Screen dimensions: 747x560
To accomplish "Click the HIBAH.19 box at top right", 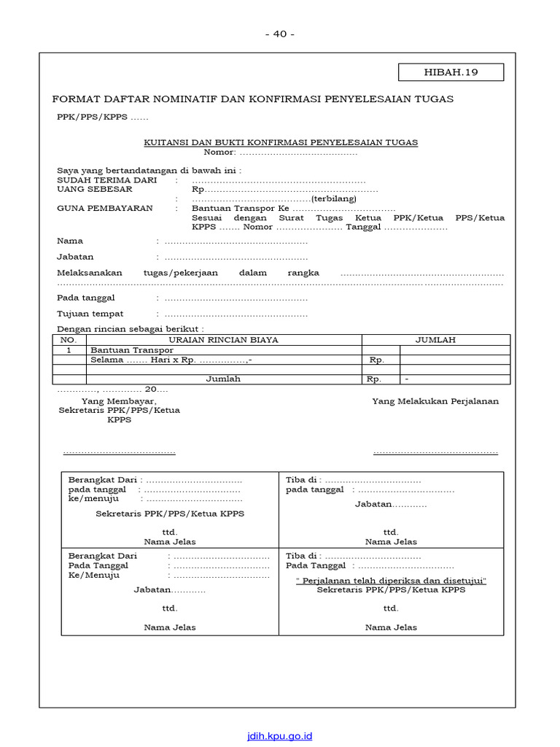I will [450, 72].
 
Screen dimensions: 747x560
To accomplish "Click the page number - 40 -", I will [280, 34].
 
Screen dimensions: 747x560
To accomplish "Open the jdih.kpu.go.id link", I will [279, 736].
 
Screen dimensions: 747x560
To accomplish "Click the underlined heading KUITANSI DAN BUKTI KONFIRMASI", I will [281, 142].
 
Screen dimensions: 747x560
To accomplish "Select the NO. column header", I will [69, 340].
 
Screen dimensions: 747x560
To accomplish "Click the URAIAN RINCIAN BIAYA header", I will [223, 340].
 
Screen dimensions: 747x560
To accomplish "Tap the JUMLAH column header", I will [435, 340].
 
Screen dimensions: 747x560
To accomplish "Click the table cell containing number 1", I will [69, 350].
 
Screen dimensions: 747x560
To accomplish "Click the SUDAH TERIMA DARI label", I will [107, 180].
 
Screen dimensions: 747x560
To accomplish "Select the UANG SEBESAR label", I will [95, 189].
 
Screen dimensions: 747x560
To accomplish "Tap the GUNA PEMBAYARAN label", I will [105, 208].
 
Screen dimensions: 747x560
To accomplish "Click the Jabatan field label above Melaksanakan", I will [75, 257].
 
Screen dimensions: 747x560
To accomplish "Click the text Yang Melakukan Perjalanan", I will [435, 401].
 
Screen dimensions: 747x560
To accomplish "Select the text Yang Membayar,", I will [119, 401].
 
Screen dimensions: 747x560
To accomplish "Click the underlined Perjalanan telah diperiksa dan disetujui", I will [391, 581].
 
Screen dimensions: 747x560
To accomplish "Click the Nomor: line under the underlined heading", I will [281, 152].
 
